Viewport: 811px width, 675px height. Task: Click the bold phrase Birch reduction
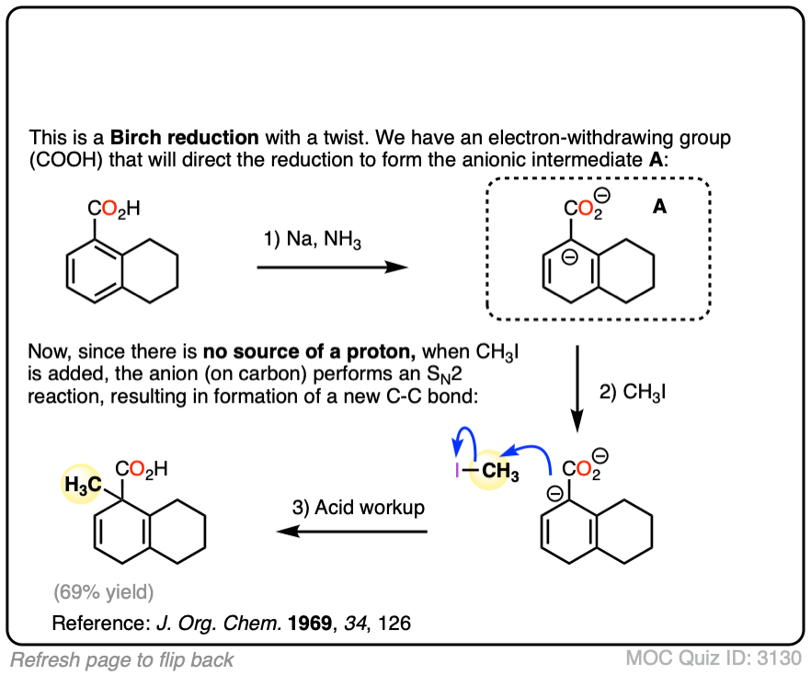coord(185,139)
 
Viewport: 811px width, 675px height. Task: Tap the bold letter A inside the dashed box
coord(660,209)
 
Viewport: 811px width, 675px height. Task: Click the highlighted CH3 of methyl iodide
coord(499,475)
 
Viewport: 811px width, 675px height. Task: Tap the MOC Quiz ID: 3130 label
coord(714,658)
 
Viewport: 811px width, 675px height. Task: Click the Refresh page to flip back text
coord(122,659)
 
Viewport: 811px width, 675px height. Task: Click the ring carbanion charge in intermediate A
coord(569,258)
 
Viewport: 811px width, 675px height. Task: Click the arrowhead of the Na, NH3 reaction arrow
coord(397,268)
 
